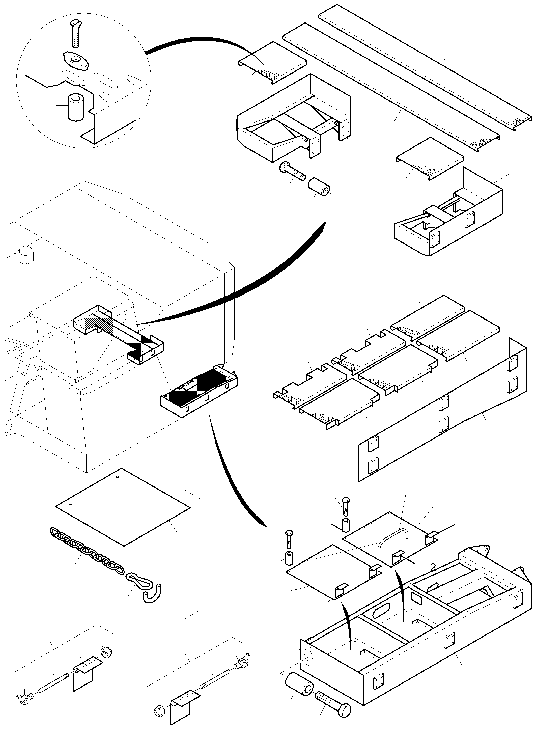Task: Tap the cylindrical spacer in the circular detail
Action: pos(76,107)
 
